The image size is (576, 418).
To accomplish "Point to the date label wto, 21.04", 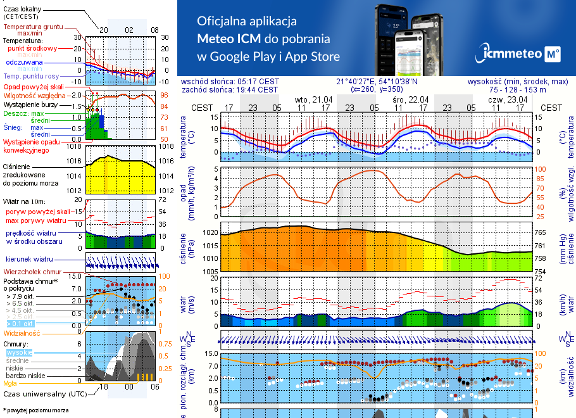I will tap(314, 99).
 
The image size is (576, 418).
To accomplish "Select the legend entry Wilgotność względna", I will tap(32, 95).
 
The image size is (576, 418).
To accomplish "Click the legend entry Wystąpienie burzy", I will tap(31, 103).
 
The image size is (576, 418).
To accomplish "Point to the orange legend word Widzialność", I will tap(22, 332).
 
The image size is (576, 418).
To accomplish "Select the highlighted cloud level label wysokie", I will tap(19, 352).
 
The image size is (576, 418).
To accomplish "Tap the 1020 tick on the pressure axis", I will tap(210, 233).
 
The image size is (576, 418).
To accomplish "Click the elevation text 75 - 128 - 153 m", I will tap(518, 90).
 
